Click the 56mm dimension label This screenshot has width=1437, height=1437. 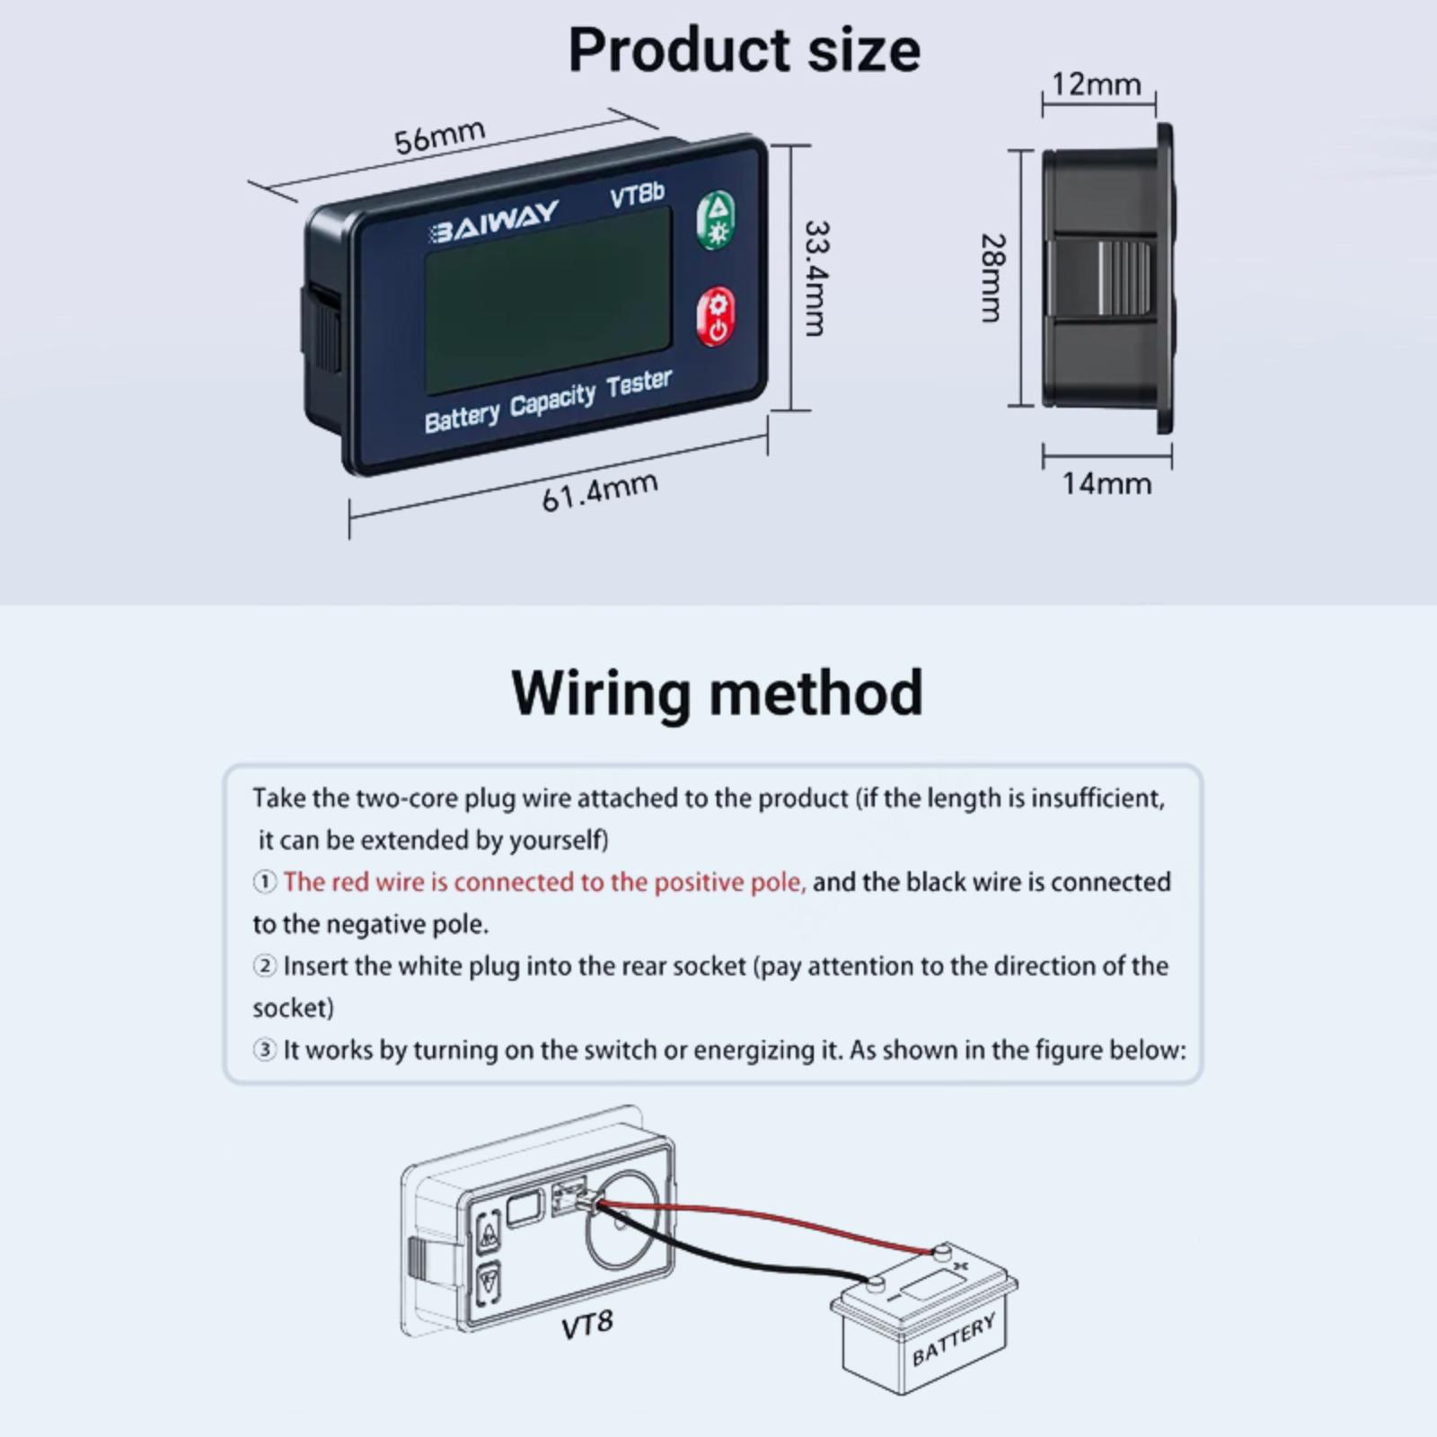coord(439,136)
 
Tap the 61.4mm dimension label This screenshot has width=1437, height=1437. coord(599,491)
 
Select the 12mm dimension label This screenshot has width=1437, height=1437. coord(1097,84)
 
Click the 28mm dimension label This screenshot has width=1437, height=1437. coord(992,278)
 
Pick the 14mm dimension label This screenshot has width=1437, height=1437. coord(1106,484)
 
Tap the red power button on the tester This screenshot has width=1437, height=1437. coord(716,317)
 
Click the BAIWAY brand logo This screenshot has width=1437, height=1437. coord(494,221)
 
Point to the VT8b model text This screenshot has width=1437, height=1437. coord(637,195)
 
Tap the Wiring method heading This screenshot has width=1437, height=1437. coord(717,692)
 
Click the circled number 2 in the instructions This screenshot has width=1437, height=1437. coord(264,966)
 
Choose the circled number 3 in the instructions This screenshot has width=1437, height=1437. coord(264,1050)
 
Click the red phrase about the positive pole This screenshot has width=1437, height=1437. coord(544,882)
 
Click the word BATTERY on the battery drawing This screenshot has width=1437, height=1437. coord(953,1338)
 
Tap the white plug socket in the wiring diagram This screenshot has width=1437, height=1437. coord(571,1200)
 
